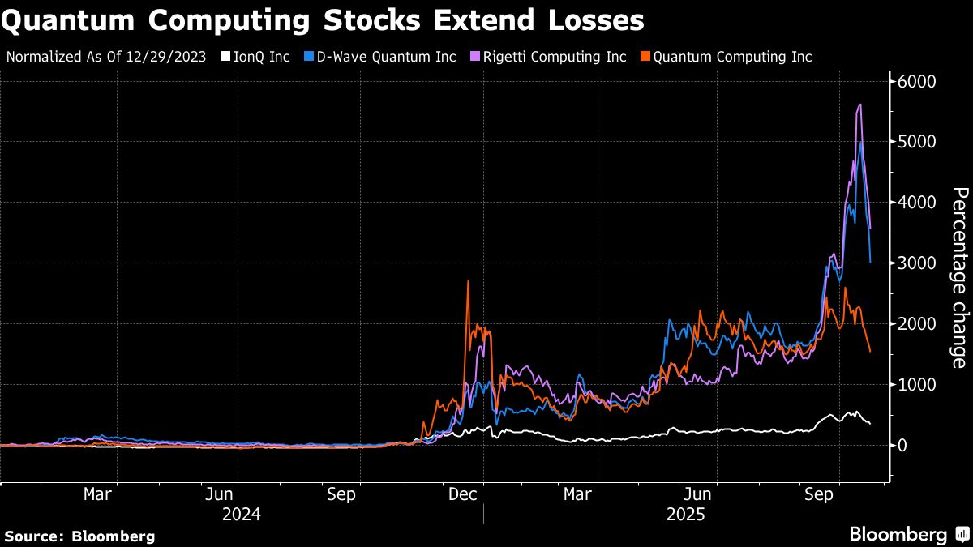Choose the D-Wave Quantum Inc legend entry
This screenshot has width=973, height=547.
(x=382, y=57)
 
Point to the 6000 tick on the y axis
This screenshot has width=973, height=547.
(x=917, y=82)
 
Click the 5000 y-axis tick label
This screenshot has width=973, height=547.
(x=917, y=143)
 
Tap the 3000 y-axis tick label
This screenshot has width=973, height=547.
(x=917, y=264)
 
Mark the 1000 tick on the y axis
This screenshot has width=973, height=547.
(x=917, y=385)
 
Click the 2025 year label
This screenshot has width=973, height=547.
(x=686, y=514)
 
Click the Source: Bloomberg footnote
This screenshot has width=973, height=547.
(x=79, y=536)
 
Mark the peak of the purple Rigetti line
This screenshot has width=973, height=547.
(x=859, y=105)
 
